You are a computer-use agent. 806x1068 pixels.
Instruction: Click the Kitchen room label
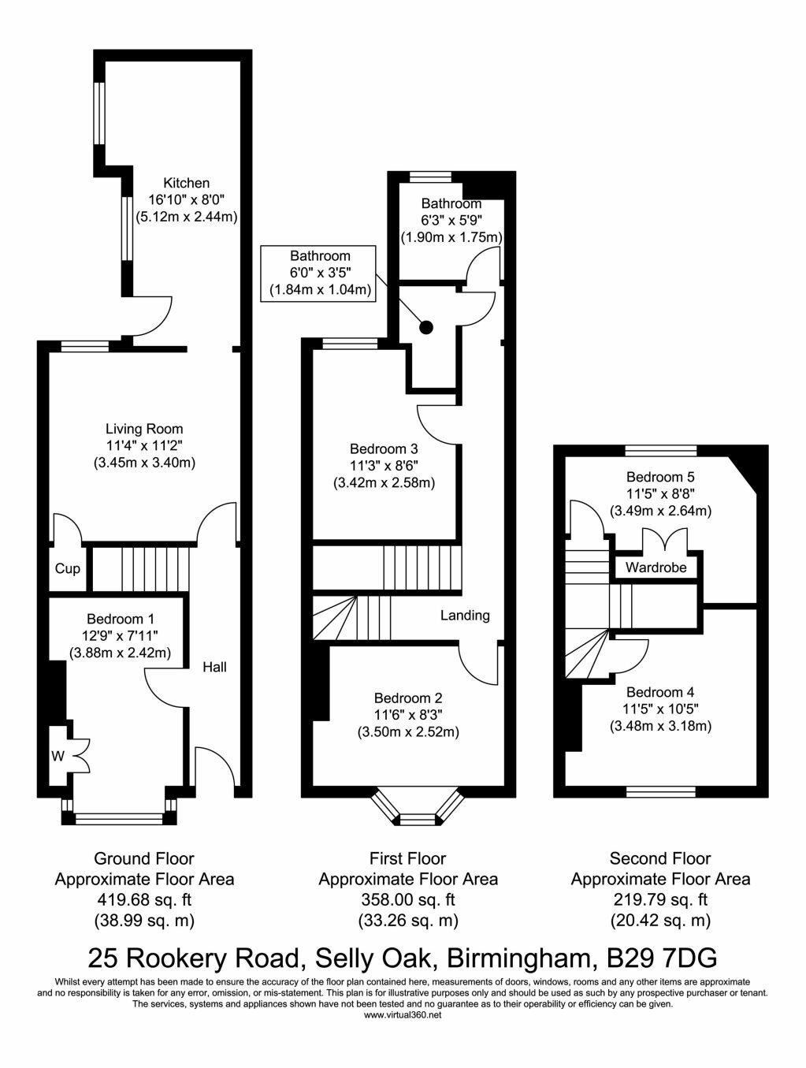coord(186,183)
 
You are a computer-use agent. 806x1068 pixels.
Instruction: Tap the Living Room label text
coord(144,429)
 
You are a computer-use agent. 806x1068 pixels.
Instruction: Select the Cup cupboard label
coord(68,568)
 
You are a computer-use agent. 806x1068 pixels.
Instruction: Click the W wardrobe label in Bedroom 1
coord(58,756)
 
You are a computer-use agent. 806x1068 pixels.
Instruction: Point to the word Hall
coord(214,667)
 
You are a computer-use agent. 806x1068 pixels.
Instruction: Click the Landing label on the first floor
coord(465,616)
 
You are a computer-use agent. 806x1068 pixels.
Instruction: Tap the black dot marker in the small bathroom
coord(426,327)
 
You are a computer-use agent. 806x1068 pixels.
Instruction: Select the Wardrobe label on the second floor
coord(656,567)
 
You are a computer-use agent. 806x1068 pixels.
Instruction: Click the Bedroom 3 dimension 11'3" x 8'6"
coord(384,466)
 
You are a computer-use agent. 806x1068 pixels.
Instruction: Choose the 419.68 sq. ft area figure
coord(144,899)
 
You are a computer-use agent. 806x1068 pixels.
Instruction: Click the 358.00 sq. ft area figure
coord(408,899)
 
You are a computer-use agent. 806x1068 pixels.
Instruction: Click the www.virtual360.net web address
coord(403,1015)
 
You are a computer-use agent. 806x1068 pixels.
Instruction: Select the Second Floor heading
coord(660,858)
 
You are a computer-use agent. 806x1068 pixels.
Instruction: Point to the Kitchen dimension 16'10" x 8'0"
coord(186,199)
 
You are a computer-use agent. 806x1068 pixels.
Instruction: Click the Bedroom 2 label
coord(408,698)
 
